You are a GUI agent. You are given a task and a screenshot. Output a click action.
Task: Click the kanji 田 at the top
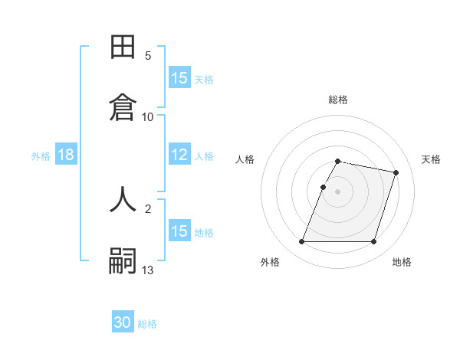click(123, 47)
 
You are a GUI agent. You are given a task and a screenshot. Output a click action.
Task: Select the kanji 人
click(123, 198)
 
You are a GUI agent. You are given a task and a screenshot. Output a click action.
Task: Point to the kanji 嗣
click(123, 260)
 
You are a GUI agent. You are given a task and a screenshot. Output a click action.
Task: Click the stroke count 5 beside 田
click(148, 56)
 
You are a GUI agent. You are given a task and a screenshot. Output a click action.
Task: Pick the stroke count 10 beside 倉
click(148, 116)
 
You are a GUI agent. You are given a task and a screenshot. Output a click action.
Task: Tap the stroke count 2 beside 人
click(148, 208)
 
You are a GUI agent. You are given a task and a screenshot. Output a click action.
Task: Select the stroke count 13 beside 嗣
click(148, 270)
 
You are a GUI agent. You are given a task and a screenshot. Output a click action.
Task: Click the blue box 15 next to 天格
click(179, 78)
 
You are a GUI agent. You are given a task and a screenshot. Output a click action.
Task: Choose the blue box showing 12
click(179, 155)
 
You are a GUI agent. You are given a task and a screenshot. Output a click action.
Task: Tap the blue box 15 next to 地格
click(179, 231)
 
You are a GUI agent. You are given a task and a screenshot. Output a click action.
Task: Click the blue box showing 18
click(66, 155)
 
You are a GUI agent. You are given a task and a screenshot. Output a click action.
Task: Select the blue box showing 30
click(123, 322)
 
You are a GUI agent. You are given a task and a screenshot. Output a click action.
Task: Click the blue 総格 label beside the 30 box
click(147, 324)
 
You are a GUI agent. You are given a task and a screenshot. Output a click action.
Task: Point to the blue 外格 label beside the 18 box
click(41, 156)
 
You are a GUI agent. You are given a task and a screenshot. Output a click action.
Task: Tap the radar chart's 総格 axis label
click(338, 100)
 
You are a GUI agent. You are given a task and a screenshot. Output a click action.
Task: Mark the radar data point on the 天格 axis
click(396, 173)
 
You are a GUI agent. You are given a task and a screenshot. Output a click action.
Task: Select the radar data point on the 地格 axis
click(373, 242)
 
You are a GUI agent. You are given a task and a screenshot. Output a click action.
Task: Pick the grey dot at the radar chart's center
click(338, 191)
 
